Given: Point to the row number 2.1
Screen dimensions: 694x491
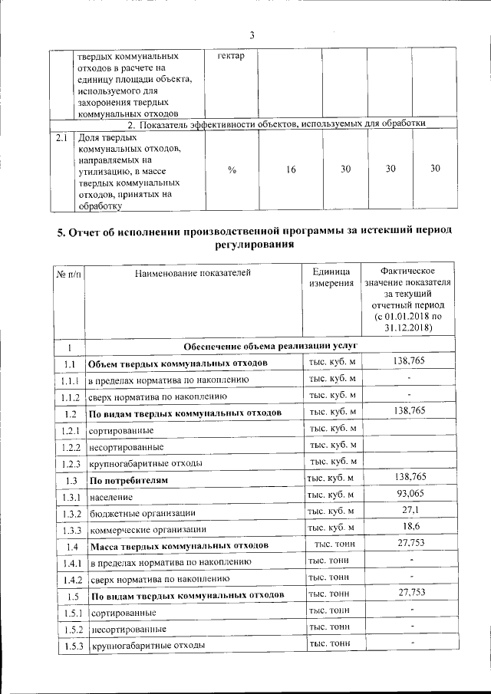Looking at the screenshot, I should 62,139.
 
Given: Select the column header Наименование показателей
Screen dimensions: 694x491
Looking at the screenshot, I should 193,271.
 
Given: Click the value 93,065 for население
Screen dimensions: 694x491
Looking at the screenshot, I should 408,495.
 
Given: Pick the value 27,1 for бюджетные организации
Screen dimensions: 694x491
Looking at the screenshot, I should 408,511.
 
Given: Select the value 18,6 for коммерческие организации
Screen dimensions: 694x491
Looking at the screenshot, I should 408,528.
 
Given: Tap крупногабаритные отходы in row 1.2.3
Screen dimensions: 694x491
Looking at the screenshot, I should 146,463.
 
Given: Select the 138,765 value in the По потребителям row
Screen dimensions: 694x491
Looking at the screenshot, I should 408,479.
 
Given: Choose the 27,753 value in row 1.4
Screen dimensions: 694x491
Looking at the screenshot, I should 408,545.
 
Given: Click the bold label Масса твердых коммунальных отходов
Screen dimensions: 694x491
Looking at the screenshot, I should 179,547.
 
